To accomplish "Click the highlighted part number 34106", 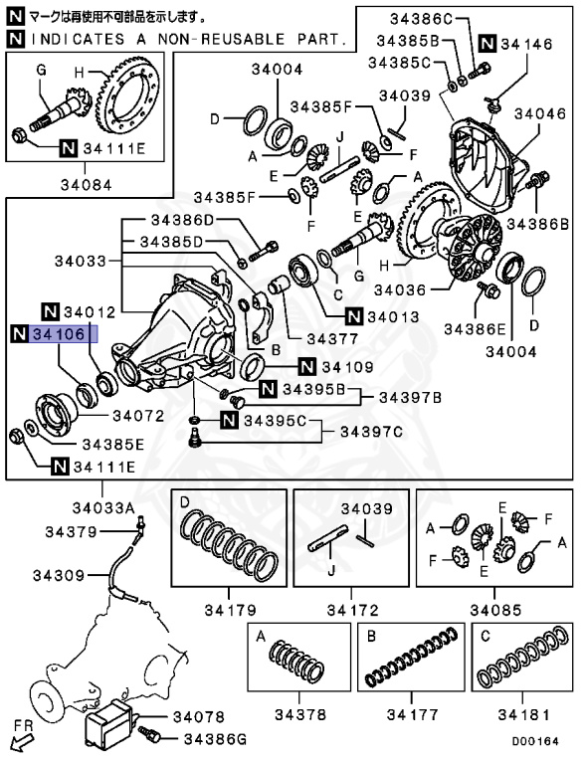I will [x=62, y=333].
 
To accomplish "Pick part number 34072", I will [x=141, y=414].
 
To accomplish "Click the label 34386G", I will [x=208, y=737].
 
